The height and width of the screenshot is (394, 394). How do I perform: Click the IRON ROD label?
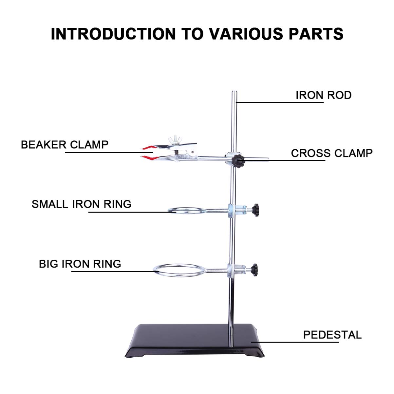pos(323,95)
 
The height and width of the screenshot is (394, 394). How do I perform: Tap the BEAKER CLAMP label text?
pos(65,144)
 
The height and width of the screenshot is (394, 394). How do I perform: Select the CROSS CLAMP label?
pos(331,153)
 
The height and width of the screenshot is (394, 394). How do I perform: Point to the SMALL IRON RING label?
pos(82,204)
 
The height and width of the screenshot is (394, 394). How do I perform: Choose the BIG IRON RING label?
pos(80,264)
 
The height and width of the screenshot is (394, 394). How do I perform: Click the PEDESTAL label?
pos(332,335)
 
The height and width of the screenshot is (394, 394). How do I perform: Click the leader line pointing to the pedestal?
pos(295,342)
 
